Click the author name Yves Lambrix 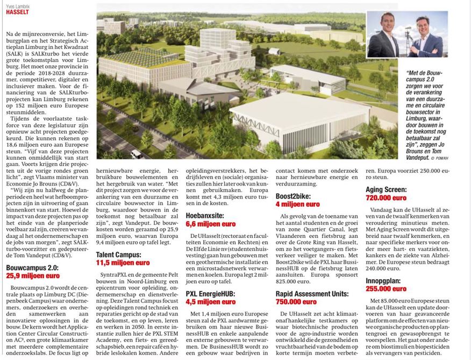point(18,3)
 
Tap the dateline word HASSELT point(18,11)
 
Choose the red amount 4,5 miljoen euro point(210,302)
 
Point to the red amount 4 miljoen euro point(297,204)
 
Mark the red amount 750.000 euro point(295,302)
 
